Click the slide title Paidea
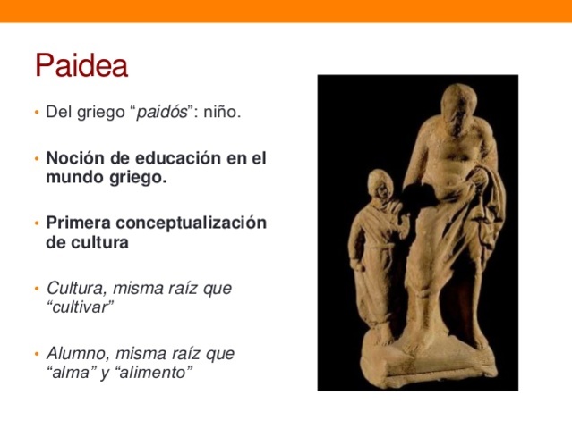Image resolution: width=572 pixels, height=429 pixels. (x=81, y=65)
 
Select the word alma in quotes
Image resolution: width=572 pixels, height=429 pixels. (x=70, y=371)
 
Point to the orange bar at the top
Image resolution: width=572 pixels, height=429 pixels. (x=286, y=10)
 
